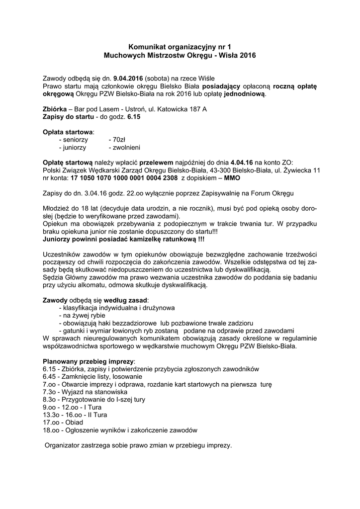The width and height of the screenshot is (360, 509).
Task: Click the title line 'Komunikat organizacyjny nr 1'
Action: click(x=180, y=46)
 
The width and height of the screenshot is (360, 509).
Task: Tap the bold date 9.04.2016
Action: click(x=128, y=78)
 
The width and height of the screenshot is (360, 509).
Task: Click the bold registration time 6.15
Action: click(x=134, y=117)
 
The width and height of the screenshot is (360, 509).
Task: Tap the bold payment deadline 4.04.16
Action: click(x=242, y=163)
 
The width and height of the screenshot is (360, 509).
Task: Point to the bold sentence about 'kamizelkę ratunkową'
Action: click(x=124, y=239)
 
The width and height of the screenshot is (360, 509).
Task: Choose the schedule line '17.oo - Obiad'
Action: click(x=63, y=423)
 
